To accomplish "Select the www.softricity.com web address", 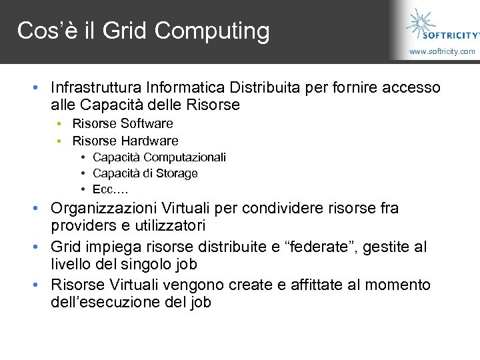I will tap(442, 51).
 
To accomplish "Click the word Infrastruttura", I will tap(97, 87).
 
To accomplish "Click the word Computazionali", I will tap(185, 157).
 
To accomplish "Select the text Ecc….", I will tap(110, 189).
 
